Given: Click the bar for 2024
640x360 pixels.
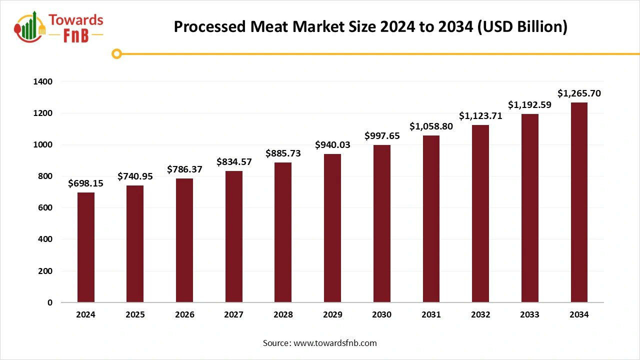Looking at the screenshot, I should [x=86, y=247].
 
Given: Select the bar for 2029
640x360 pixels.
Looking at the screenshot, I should [x=332, y=228].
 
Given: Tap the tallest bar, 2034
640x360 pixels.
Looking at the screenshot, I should [x=579, y=202].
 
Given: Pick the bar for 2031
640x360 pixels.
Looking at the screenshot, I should [x=431, y=219].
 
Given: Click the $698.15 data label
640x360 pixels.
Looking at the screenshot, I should [x=86, y=183].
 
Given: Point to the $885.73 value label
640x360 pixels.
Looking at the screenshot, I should [x=283, y=153].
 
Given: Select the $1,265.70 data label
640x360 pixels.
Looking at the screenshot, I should [x=579, y=93].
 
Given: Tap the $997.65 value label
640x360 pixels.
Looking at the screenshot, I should [x=382, y=136].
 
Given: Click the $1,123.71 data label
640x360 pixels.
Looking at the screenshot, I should [x=480, y=116].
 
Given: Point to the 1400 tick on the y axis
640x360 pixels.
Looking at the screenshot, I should [x=43, y=81].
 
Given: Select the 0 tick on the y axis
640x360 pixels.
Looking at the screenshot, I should [x=49, y=302].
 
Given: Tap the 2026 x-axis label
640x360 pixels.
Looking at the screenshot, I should [x=184, y=315].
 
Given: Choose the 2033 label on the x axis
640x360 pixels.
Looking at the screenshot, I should [x=529, y=315].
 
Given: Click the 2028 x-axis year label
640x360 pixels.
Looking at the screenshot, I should [x=283, y=315].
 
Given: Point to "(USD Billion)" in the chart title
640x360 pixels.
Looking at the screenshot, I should [x=522, y=27].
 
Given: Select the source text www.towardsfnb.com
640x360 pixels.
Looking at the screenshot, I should [x=335, y=343].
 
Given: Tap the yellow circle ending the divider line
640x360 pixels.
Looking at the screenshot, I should [x=116, y=54].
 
